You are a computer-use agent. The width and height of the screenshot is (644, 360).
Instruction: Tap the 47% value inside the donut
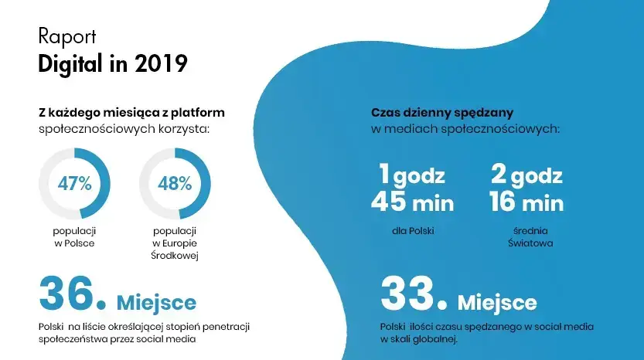(x=74, y=184)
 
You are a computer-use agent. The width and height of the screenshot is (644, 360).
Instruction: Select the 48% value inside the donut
(x=174, y=184)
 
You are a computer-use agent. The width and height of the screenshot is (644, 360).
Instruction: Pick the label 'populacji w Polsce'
(x=74, y=237)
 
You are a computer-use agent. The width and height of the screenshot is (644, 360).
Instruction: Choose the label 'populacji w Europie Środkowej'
(x=174, y=243)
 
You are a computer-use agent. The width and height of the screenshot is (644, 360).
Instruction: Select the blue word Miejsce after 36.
(x=156, y=301)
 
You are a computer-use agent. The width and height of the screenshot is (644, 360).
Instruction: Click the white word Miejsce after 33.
(x=497, y=301)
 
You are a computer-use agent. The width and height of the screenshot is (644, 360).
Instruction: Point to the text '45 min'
(x=412, y=203)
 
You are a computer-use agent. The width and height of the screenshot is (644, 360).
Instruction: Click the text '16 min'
(x=526, y=203)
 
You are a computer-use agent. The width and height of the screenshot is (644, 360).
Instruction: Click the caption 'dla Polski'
(x=412, y=231)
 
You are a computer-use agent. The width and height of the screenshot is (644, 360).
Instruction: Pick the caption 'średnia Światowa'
(x=526, y=237)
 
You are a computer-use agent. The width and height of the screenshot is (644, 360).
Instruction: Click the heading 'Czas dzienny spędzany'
(x=442, y=113)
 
